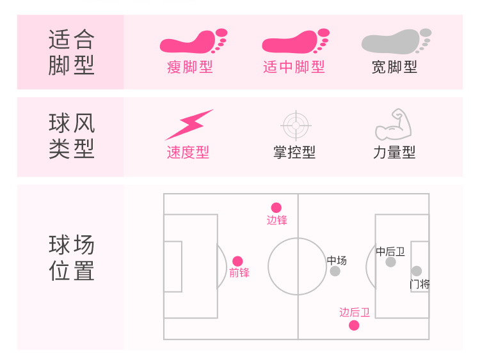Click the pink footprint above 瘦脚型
(x=193, y=42)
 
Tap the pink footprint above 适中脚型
(x=295, y=42)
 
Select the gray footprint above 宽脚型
(x=396, y=42)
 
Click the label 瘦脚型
(x=190, y=67)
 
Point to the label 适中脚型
(x=294, y=67)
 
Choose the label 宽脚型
(x=394, y=67)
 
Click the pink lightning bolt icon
(x=188, y=124)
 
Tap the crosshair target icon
(x=295, y=125)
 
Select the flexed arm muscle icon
(x=393, y=125)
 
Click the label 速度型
(x=188, y=153)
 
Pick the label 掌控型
(x=294, y=153)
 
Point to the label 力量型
(x=394, y=153)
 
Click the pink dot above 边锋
(x=276, y=208)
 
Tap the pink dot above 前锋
(x=237, y=261)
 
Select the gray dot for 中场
(x=335, y=271)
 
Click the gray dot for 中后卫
(x=390, y=262)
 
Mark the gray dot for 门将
(x=417, y=271)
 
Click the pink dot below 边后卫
(x=354, y=325)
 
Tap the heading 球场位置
(x=72, y=258)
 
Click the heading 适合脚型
(x=72, y=52)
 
